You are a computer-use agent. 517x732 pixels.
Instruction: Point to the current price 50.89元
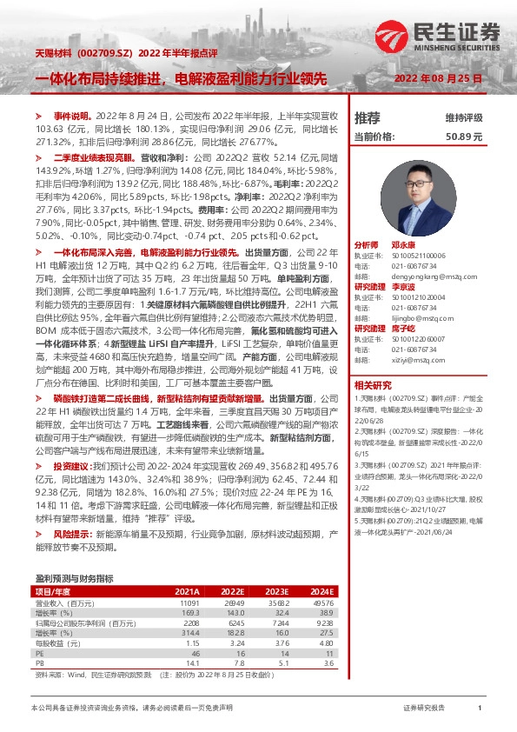[463, 136]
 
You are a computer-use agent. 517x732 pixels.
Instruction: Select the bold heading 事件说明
[71, 115]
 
